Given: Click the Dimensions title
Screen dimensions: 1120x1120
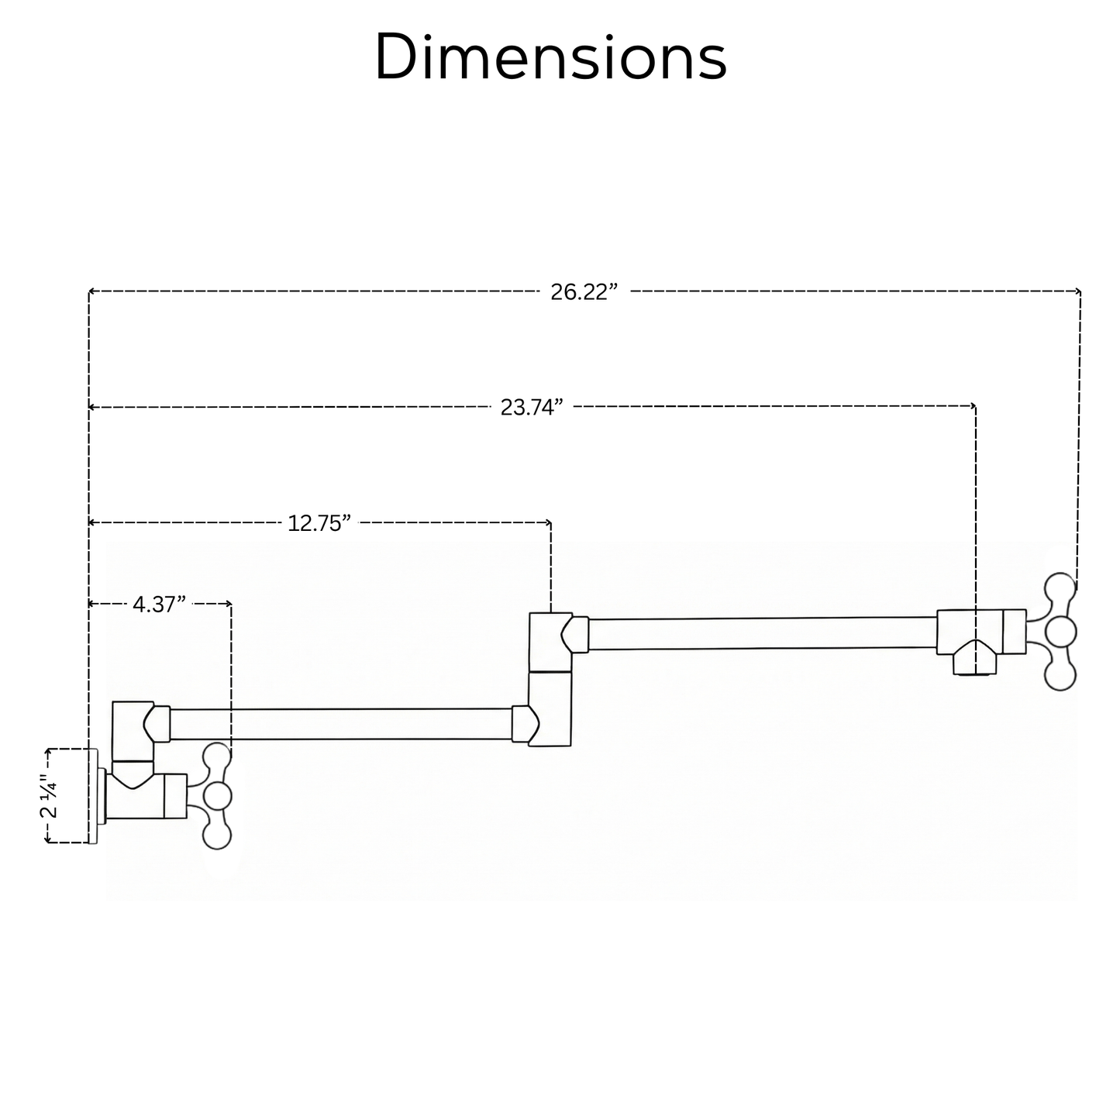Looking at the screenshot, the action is click(x=550, y=57).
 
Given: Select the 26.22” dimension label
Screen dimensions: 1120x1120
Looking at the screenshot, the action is click(x=584, y=291).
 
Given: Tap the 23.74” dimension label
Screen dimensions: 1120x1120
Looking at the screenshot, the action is click(x=532, y=408).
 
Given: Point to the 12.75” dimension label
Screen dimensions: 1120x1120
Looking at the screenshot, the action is click(x=319, y=523).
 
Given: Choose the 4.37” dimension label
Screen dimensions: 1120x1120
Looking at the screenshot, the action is click(x=159, y=605).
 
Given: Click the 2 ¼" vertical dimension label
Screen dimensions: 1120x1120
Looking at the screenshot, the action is click(x=50, y=796).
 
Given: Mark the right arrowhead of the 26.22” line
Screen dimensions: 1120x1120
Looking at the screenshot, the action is click(x=1077, y=291).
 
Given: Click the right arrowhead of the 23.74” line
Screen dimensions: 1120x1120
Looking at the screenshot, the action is click(x=973, y=405).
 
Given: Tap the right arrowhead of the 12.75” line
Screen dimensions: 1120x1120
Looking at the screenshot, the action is click(x=548, y=522).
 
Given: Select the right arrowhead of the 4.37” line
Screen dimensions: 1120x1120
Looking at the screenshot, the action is click(x=229, y=604).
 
